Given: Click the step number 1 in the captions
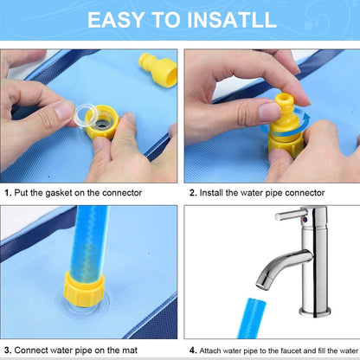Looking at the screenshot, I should pos(7,193).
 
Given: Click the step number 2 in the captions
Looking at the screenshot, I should pos(190,193).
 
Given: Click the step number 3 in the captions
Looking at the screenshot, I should pos(7,349).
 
